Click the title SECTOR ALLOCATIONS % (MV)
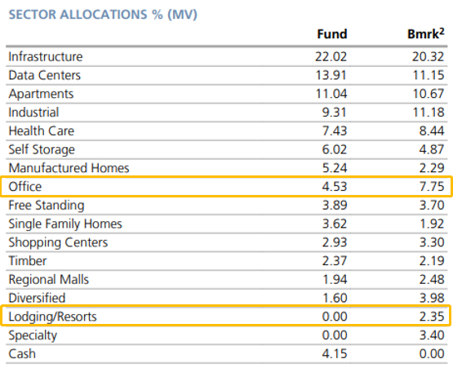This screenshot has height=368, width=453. (x=103, y=15)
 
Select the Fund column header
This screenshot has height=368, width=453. (x=332, y=34)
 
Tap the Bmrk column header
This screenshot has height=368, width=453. (x=426, y=33)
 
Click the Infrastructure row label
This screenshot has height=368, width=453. (x=46, y=56)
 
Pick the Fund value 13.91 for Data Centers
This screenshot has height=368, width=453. (x=331, y=75)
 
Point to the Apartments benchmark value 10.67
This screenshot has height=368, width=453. (x=429, y=94)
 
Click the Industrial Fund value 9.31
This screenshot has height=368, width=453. (x=335, y=113)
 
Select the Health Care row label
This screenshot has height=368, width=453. (x=42, y=131)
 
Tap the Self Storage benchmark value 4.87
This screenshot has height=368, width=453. (x=432, y=149)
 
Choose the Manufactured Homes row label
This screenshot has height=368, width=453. (x=69, y=168)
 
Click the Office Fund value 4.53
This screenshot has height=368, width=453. (x=335, y=187)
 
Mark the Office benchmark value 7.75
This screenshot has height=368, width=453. (x=432, y=187)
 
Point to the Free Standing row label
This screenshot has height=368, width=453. (x=47, y=206)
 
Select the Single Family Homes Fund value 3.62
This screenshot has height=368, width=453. (x=335, y=224)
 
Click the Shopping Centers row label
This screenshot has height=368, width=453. (x=58, y=242)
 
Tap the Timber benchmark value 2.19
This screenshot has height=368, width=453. (x=432, y=261)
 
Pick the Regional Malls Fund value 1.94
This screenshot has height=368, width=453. (x=335, y=280)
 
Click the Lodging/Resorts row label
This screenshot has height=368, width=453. (x=52, y=317)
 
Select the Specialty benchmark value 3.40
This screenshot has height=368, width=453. (x=432, y=335)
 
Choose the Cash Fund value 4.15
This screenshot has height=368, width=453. (x=335, y=354)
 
